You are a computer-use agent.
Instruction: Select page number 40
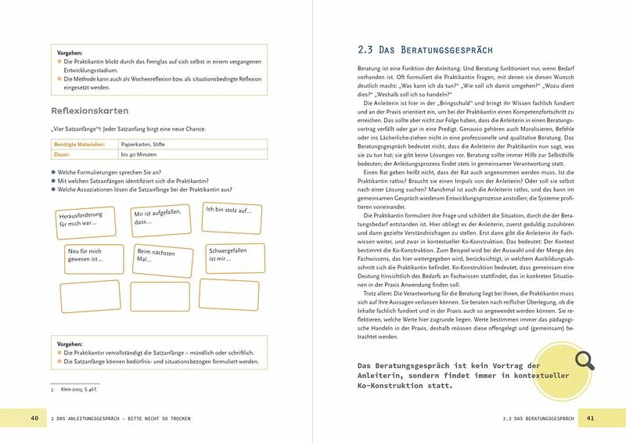click(34, 419)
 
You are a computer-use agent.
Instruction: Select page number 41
click(591, 419)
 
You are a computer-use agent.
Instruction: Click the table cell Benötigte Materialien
click(81, 145)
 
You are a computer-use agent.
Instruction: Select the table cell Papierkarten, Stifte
click(155, 145)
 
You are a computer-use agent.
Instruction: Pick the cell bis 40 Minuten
click(149, 155)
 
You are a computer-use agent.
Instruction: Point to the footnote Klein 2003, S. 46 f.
click(81, 388)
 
